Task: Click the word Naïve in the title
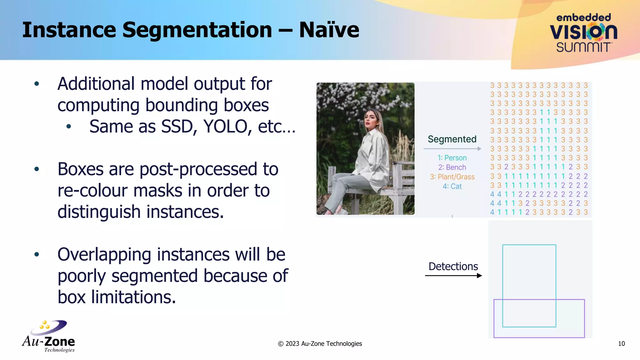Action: [x=329, y=30]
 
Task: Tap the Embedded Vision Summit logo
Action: [x=583, y=33]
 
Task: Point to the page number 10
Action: [x=621, y=344]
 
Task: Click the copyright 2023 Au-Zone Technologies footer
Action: [x=320, y=344]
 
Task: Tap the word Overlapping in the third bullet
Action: [x=104, y=255]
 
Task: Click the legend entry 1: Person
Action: [x=452, y=158]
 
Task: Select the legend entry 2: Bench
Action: [x=452, y=167]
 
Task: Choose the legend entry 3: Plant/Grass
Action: [x=452, y=177]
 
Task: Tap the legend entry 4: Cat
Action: [x=452, y=187]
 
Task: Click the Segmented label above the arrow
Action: [x=452, y=139]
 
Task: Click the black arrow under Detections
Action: [x=453, y=276]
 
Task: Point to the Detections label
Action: [x=453, y=267]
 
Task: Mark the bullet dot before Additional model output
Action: [x=37, y=84]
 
